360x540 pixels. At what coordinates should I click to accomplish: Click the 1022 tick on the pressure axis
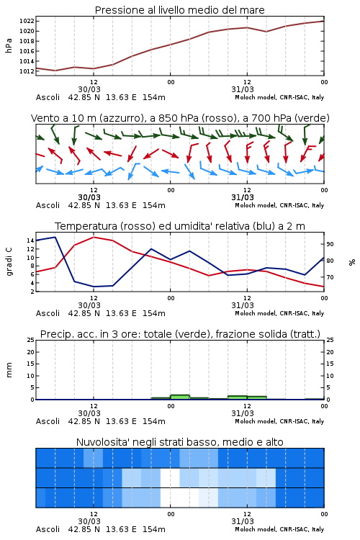(27, 21)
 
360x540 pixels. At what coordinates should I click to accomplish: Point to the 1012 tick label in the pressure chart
(27, 71)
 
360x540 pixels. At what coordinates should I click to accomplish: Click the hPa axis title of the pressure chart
(9, 45)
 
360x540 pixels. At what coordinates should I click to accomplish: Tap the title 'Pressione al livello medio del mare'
(179, 10)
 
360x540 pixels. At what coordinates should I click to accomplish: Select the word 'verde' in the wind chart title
(312, 118)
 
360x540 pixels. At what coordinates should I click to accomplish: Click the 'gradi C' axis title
(9, 261)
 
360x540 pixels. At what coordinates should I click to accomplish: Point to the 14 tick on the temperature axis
(30, 240)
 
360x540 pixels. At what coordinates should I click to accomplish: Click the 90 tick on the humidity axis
(330, 244)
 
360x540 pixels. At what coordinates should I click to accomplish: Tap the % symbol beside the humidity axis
(352, 262)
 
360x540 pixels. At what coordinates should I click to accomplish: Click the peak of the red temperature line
(94, 237)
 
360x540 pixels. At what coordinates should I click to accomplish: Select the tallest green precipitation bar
(180, 397)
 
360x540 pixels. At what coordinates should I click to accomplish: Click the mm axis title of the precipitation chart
(9, 369)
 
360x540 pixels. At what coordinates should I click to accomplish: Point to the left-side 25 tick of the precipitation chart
(31, 340)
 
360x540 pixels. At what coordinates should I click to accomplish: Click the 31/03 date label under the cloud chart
(243, 521)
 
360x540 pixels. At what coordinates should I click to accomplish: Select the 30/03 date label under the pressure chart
(89, 89)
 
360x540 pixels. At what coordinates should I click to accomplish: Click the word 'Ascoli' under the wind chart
(48, 205)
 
